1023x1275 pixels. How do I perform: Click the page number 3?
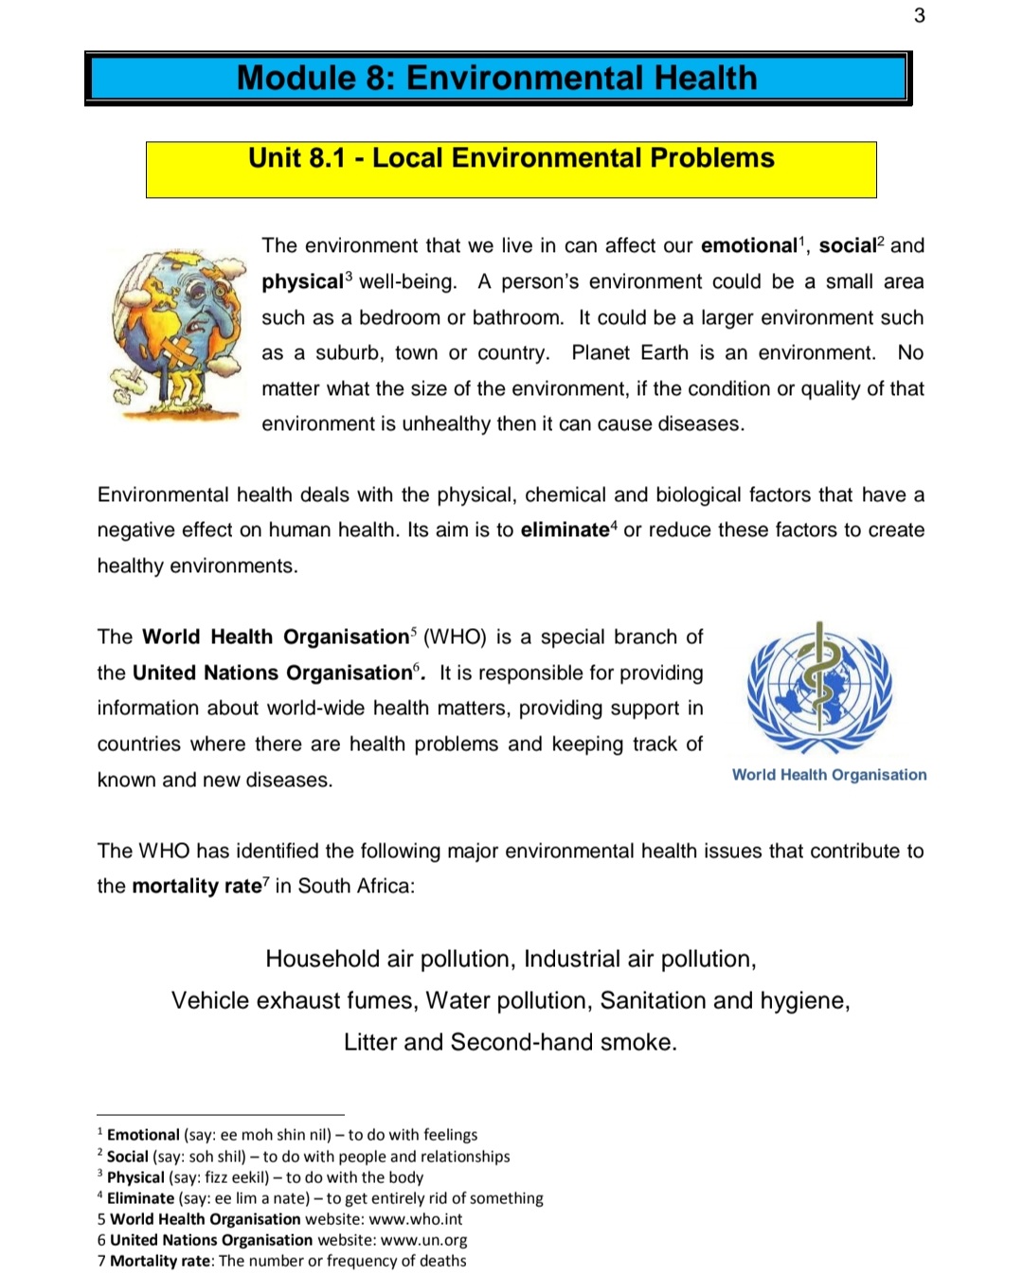coord(919,15)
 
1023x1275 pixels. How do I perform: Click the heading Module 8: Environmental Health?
coord(496,78)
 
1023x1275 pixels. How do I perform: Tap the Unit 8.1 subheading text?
coord(511,158)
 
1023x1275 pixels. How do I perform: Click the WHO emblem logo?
coord(819,689)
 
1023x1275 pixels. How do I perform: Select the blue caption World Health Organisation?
coord(829,775)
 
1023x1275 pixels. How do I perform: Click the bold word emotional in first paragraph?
coord(748,246)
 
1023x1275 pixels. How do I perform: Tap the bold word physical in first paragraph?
coord(302,282)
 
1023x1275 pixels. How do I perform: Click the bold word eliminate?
coord(565,530)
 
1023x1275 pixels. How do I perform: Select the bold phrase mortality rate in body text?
coord(196,887)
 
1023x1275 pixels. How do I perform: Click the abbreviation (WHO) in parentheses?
coord(455,637)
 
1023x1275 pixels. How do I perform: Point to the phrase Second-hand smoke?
coord(564,1043)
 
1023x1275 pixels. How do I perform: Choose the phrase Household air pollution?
coord(388,960)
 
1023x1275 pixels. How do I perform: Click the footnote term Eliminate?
coord(140,1199)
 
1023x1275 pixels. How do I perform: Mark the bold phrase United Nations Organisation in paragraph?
coord(272,673)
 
